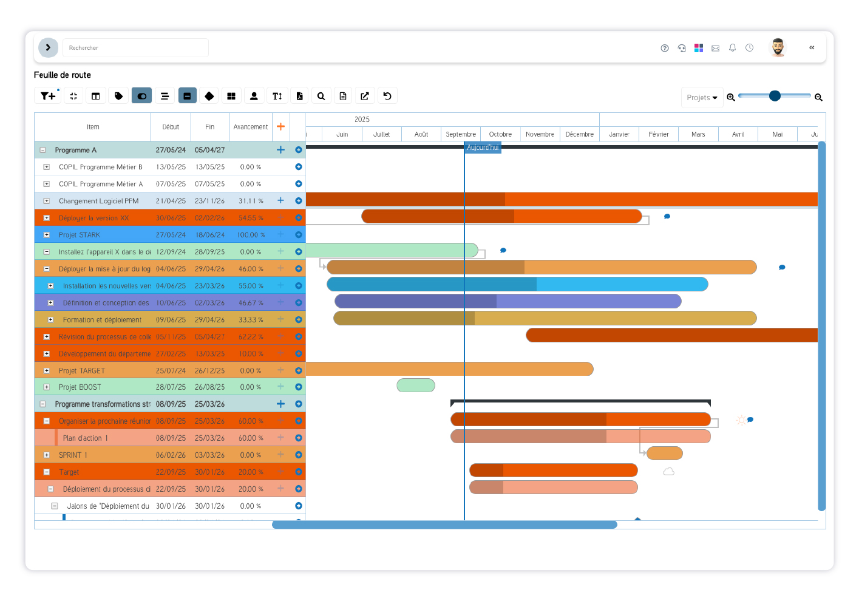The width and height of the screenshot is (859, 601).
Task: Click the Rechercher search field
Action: (135, 48)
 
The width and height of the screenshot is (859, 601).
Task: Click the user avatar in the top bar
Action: (778, 47)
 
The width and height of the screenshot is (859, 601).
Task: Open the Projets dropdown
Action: (702, 98)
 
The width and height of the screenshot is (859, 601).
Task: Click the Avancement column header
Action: (250, 127)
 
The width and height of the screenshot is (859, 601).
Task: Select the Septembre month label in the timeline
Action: (461, 134)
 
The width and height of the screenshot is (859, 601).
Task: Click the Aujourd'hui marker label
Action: (483, 148)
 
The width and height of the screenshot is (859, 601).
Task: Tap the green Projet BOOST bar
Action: (416, 385)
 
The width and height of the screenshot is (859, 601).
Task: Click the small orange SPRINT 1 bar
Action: (665, 453)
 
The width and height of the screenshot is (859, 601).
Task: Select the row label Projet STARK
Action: (80, 235)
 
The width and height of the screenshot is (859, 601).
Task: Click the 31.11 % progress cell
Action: (250, 201)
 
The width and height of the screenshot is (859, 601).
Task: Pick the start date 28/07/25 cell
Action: (171, 387)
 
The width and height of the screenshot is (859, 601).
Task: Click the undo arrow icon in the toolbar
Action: (387, 96)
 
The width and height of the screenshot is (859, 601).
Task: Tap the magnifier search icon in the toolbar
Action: (321, 96)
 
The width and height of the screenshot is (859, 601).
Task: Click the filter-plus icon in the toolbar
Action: (47, 96)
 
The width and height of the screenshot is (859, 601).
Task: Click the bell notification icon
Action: (733, 48)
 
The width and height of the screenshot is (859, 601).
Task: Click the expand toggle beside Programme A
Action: (43, 150)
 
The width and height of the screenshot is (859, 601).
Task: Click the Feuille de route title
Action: (63, 75)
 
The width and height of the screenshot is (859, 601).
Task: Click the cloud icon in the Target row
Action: (668, 472)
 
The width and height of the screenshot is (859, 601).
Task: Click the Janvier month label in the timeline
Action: (619, 134)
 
